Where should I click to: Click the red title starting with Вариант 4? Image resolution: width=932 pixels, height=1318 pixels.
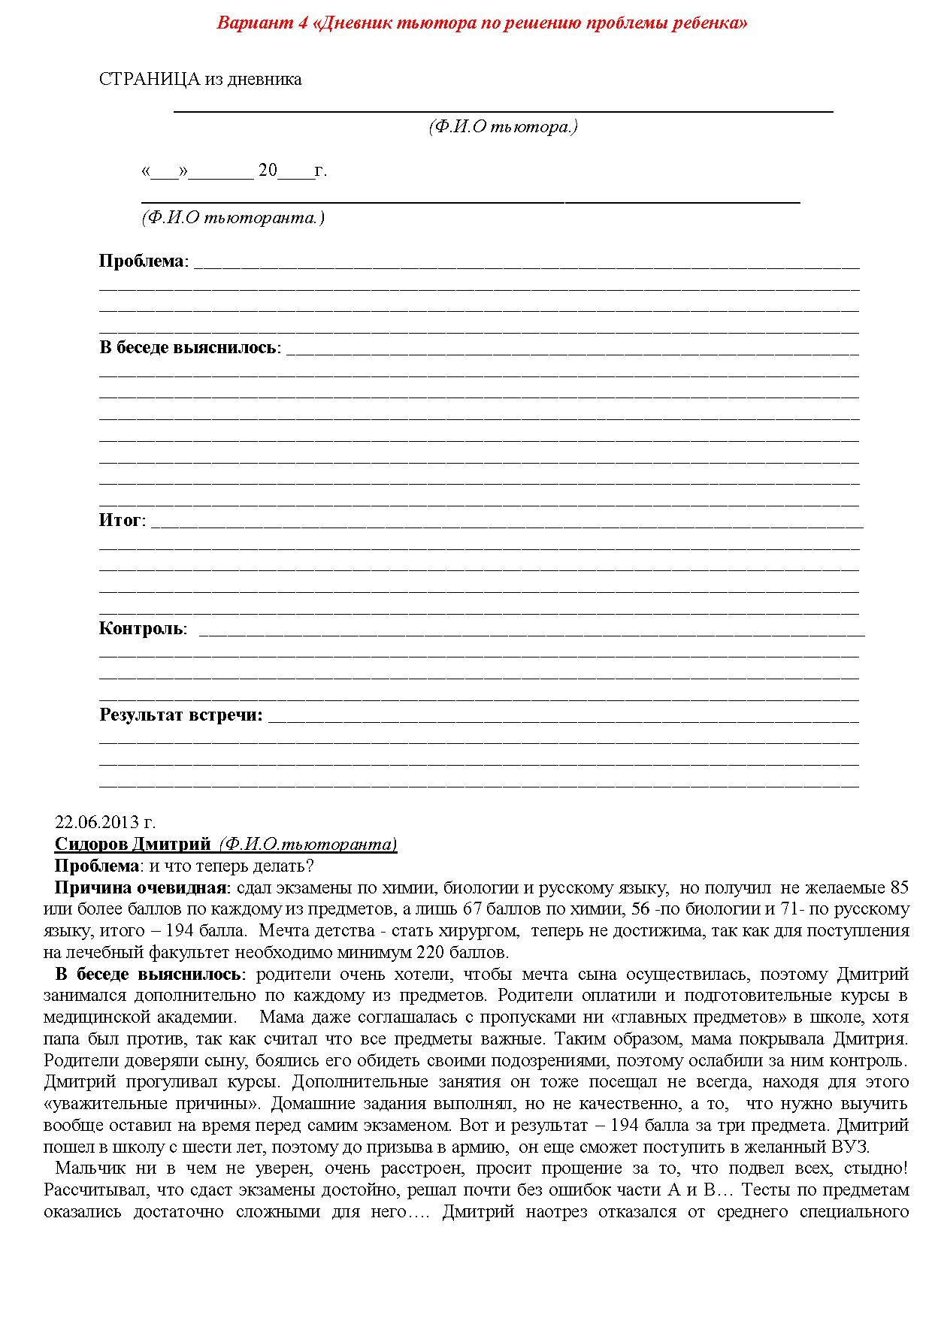(x=482, y=23)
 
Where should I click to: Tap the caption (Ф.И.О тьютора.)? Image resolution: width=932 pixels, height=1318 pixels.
(x=503, y=127)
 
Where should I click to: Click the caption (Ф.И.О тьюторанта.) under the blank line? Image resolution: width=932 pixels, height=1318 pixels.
(x=232, y=218)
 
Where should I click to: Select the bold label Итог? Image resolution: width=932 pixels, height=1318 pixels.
(x=120, y=520)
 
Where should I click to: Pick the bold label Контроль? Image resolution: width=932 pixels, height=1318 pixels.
(x=141, y=628)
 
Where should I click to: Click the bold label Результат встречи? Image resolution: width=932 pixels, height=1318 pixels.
(x=180, y=715)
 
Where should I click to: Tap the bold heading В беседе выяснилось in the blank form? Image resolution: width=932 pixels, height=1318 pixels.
(x=188, y=348)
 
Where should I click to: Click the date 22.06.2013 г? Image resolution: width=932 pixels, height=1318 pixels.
(x=105, y=822)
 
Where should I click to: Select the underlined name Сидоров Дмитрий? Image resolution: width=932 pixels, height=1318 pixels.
(x=133, y=844)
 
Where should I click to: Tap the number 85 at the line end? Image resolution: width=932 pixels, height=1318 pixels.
(x=899, y=887)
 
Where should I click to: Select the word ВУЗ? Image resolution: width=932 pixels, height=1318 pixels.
(x=852, y=1147)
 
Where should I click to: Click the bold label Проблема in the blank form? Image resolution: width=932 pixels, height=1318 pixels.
(x=141, y=261)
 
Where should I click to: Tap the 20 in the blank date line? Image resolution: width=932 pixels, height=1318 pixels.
(x=268, y=171)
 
